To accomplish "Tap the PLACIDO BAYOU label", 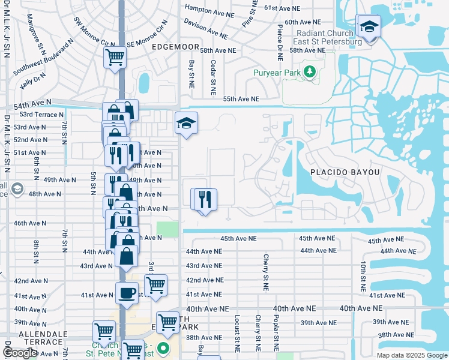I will pyautogui.click(x=345, y=172).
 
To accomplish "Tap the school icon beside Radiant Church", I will pyautogui.click(x=369, y=26).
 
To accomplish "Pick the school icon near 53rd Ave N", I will pyautogui.click(x=186, y=123).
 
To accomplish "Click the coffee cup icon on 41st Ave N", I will pyautogui.click(x=127, y=293).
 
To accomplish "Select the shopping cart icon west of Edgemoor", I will pyautogui.click(x=114, y=58).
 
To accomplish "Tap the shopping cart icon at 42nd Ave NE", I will pyautogui.click(x=155, y=284).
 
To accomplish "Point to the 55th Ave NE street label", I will pyautogui.click(x=241, y=99).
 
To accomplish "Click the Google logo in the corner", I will pyautogui.click(x=20, y=353).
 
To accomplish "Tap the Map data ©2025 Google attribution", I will pyautogui.click(x=411, y=355).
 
